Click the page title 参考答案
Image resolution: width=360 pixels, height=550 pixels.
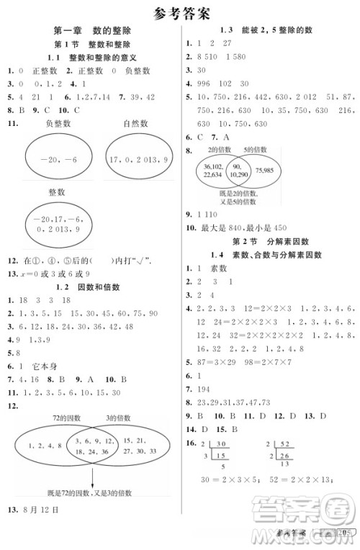point(181,12)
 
